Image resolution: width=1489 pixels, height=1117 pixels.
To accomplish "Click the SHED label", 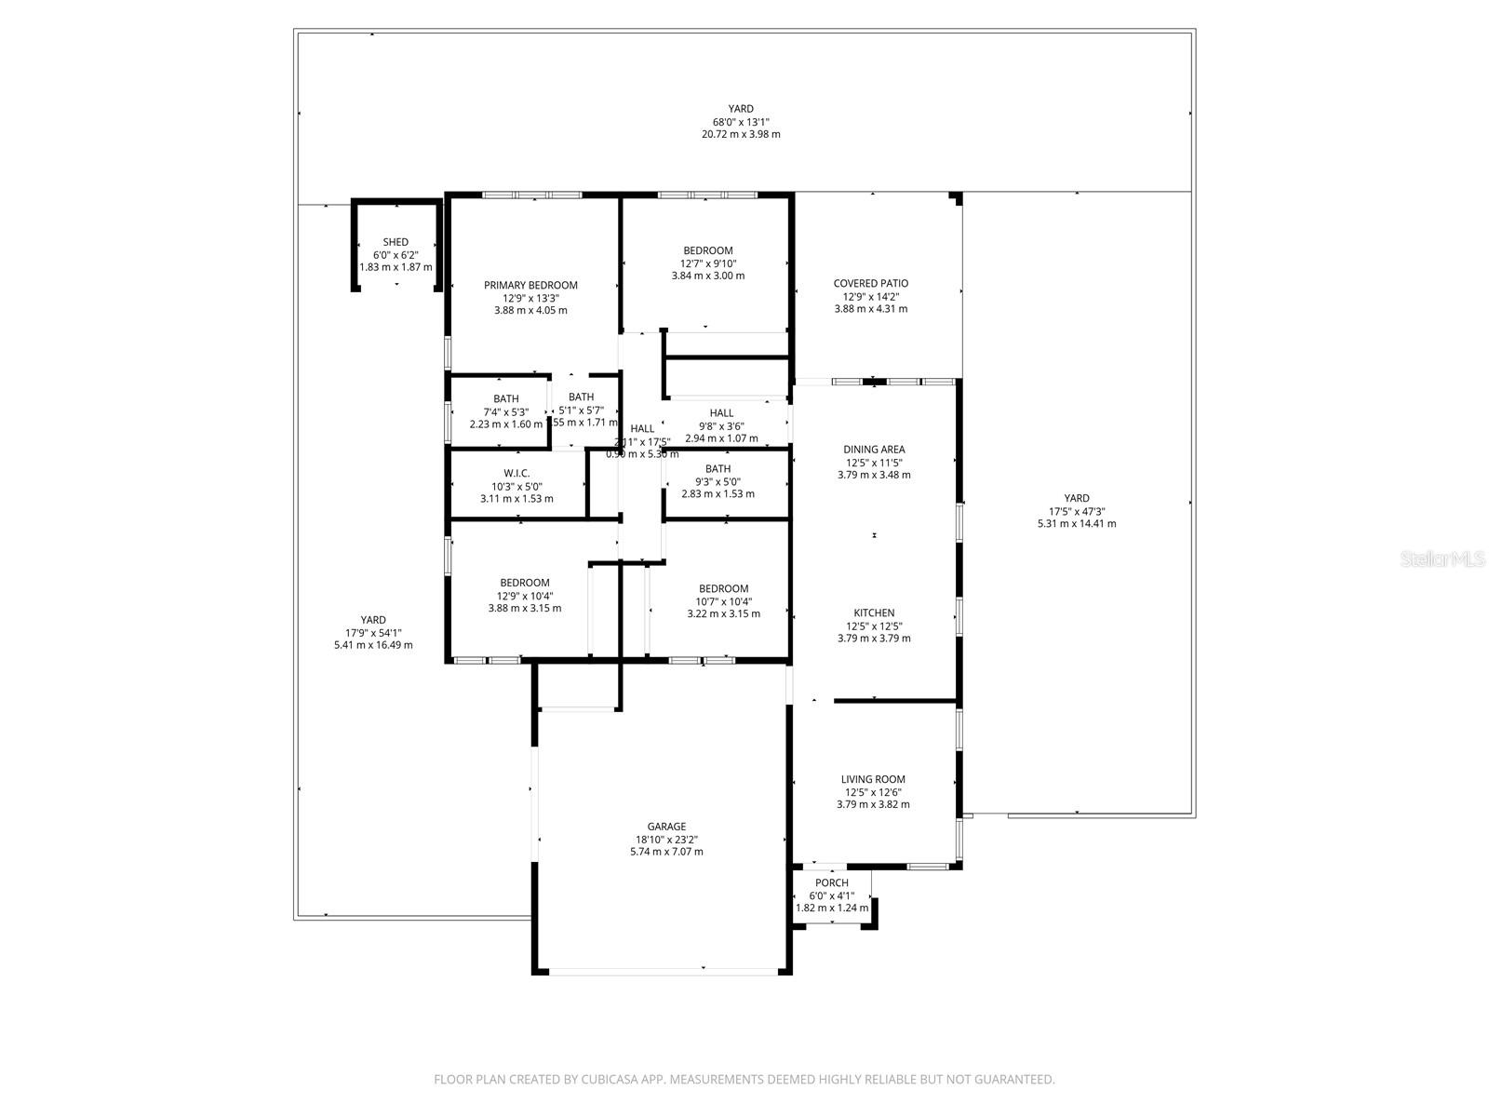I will coord(396,242).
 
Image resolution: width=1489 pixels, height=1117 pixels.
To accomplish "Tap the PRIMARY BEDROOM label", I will coord(530,285).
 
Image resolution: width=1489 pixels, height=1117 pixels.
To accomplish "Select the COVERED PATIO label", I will coord(870,283).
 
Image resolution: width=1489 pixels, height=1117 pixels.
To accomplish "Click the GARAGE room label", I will coord(666,826).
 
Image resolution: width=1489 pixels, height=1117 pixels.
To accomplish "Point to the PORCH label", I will coord(831,882).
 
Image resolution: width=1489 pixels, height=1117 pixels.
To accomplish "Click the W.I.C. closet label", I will coord(516,473).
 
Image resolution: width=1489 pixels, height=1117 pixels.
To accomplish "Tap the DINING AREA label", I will coord(874,450).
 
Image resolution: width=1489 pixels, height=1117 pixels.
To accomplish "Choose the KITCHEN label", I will coord(874,612).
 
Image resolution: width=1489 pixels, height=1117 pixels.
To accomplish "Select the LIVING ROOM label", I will coord(873,779).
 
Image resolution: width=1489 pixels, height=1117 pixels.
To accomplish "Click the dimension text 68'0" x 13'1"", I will coord(741,122).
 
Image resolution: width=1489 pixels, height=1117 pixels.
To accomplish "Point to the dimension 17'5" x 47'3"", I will coord(1077,511).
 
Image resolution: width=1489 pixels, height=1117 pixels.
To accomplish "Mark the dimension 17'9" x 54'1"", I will coord(373,632).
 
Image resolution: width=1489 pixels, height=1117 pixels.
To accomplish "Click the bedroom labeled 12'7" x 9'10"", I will coord(707,250).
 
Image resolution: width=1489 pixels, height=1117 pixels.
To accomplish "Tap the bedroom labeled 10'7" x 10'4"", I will coord(723,588).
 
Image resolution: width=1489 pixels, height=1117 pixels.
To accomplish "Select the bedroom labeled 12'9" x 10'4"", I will coord(524,583).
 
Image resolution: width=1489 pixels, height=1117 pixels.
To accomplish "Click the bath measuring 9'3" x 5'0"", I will coord(718,469).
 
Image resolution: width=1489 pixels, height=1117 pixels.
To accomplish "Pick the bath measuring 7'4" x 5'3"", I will coord(506,399).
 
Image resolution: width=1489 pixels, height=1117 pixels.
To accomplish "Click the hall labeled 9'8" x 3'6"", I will coord(721,413).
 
